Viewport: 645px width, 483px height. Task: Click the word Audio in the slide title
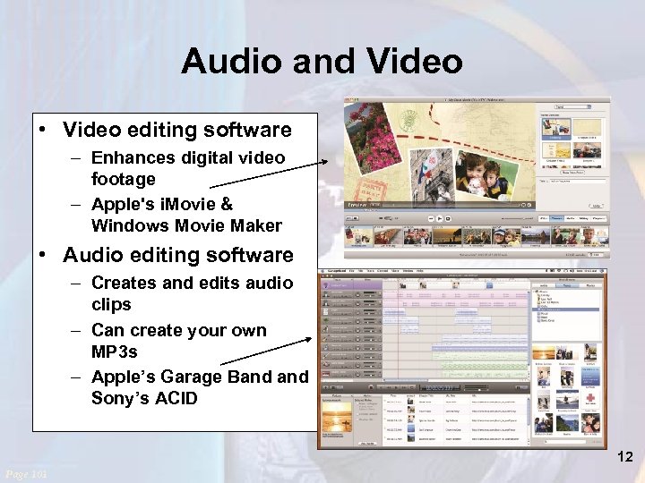tap(231, 61)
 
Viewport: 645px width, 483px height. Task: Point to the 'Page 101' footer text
tap(26, 473)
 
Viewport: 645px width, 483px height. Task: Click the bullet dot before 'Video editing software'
tap(44, 131)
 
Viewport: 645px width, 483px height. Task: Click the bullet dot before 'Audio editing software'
tap(44, 256)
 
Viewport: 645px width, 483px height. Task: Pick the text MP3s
tap(115, 352)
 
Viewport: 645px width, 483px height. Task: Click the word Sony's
tap(119, 398)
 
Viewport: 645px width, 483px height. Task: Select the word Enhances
tap(133, 157)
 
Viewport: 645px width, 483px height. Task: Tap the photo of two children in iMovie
tap(484, 179)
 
